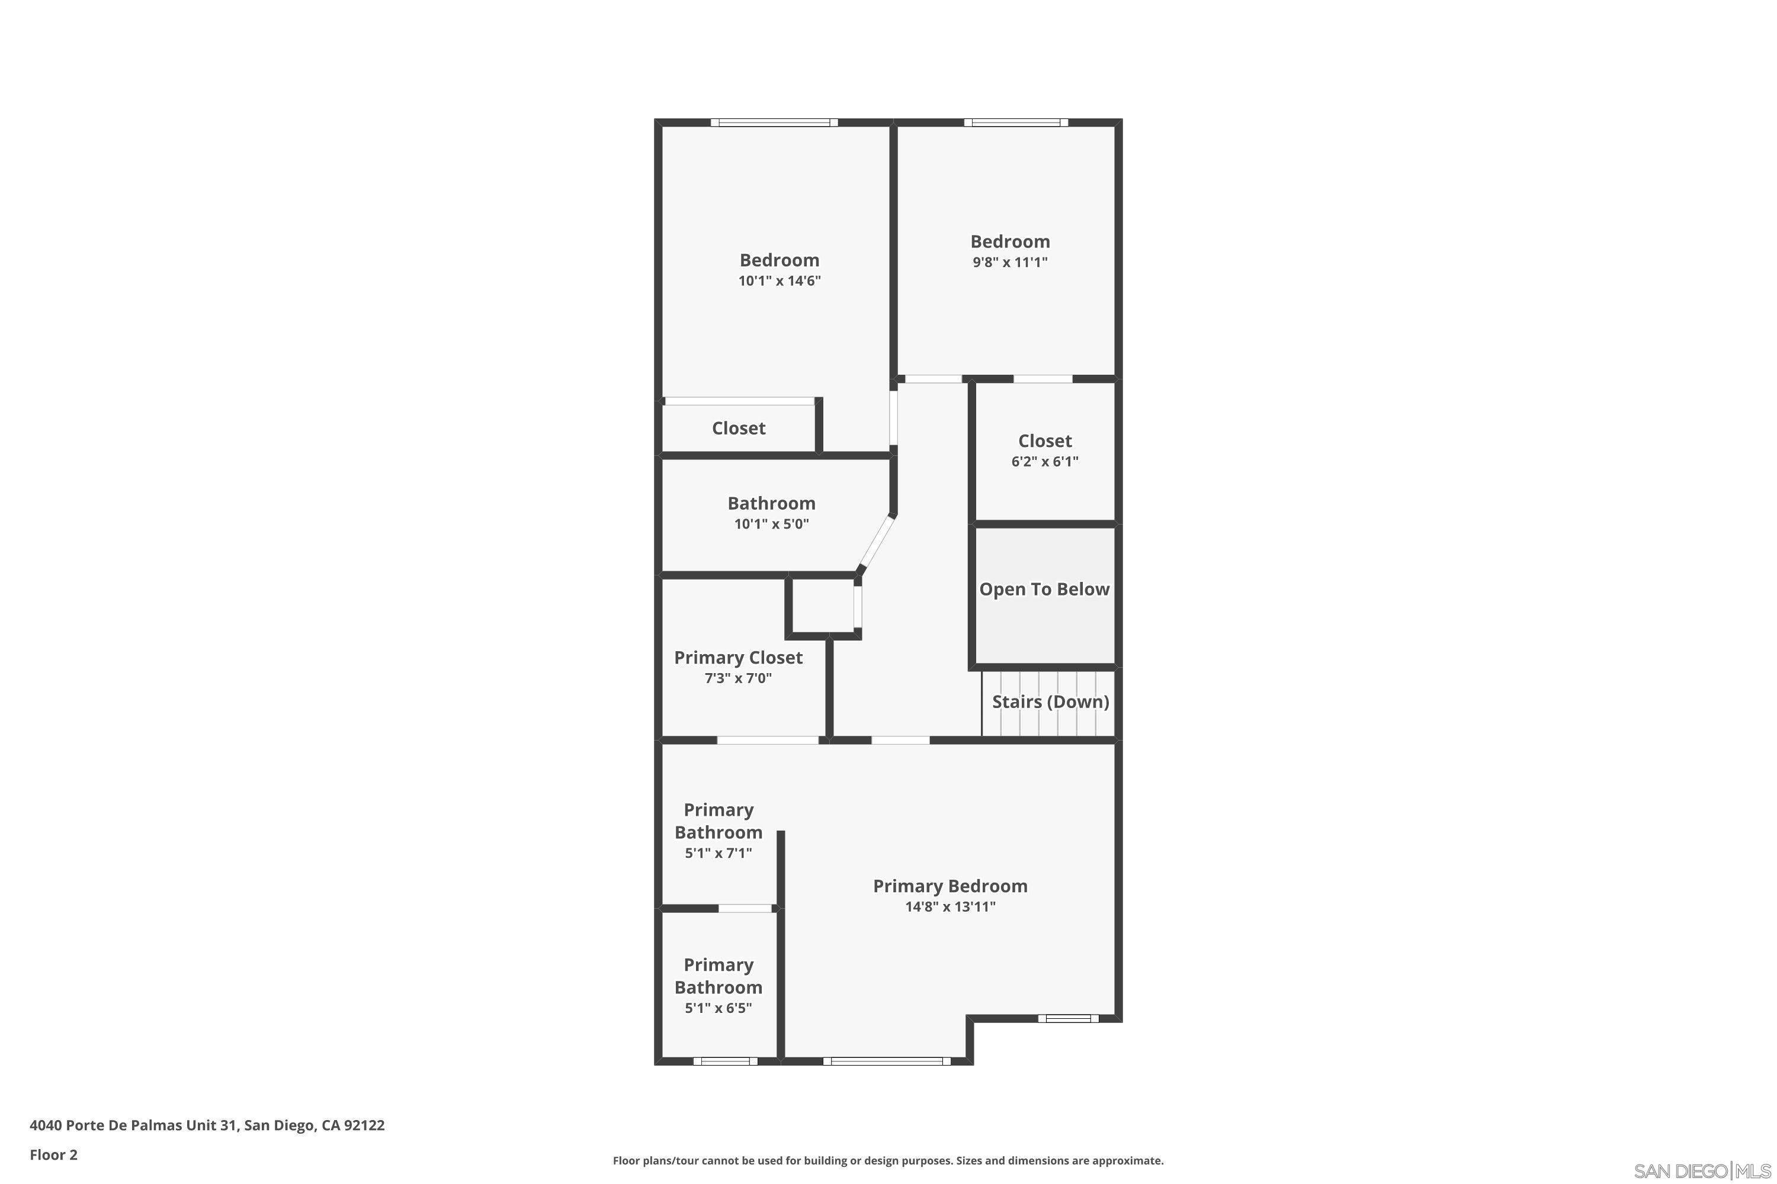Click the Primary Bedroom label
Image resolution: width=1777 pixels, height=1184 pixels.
coord(950,886)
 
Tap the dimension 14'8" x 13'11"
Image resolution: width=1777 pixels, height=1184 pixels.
coord(950,907)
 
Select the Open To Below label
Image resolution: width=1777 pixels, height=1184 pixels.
coord(1044,589)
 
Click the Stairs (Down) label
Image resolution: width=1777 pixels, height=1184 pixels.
coord(1050,702)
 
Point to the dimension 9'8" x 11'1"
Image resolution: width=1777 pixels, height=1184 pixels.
coord(1010,262)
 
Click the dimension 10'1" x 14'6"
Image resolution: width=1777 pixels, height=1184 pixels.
coord(779,281)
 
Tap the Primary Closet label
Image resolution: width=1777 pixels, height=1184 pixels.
coord(738,657)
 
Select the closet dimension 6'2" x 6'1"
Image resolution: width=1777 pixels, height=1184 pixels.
coord(1044,461)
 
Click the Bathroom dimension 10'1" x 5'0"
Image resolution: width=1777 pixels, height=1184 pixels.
coord(771,524)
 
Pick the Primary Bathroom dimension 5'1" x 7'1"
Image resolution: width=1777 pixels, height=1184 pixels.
coord(718,853)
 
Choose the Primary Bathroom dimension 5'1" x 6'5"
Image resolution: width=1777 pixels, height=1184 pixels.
coord(718,1008)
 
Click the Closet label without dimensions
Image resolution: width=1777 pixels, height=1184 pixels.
coord(738,428)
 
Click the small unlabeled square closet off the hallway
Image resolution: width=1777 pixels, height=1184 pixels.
coord(822,606)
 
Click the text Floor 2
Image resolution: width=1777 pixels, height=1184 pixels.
coord(54,1154)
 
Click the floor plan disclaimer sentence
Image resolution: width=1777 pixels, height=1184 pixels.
coord(888,1160)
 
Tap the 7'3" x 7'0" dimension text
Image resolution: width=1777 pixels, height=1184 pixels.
coord(738,678)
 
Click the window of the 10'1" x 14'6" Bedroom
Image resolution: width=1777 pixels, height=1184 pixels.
coord(774,123)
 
